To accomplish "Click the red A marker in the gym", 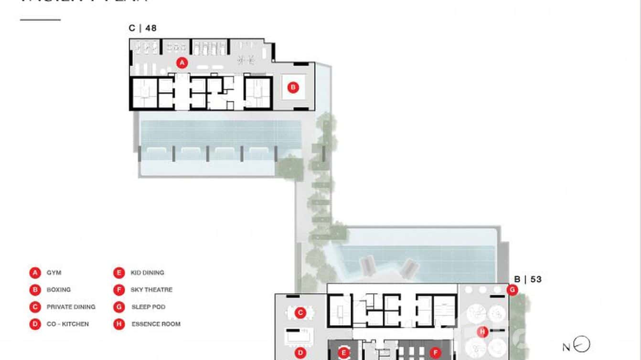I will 181,62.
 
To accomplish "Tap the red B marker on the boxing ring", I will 293,87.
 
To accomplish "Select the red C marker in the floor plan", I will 300,313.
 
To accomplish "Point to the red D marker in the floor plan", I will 300,353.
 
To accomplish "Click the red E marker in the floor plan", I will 343,353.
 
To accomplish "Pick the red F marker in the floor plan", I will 435,353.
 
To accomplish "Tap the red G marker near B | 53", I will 513,289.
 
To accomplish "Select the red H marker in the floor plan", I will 482,332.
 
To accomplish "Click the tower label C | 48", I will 142,28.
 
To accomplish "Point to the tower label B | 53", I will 528,279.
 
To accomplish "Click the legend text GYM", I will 54,273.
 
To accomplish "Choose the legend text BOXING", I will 58,290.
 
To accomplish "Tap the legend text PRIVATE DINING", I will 71,307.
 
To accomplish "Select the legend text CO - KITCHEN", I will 67,324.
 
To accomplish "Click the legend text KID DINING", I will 147,273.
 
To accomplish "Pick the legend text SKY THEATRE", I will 151,290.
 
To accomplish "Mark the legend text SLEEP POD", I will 148,307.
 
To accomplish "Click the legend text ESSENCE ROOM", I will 156,324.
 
